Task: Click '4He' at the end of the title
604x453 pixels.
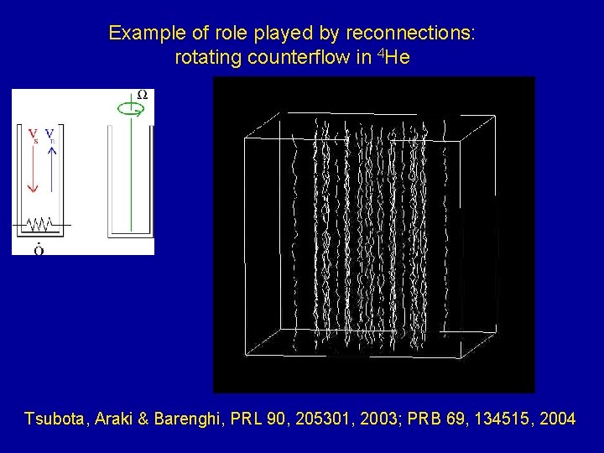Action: pyautogui.click(x=393, y=58)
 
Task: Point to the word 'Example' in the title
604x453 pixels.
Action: pyautogui.click(x=141, y=34)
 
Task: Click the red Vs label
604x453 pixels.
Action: pyautogui.click(x=32, y=134)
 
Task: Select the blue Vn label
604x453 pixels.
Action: pyautogui.click(x=50, y=134)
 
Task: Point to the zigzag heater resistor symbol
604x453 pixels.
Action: pyautogui.click(x=39, y=225)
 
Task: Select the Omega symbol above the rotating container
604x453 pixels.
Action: pyautogui.click(x=142, y=95)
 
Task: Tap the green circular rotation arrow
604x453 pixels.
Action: pyautogui.click(x=128, y=108)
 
